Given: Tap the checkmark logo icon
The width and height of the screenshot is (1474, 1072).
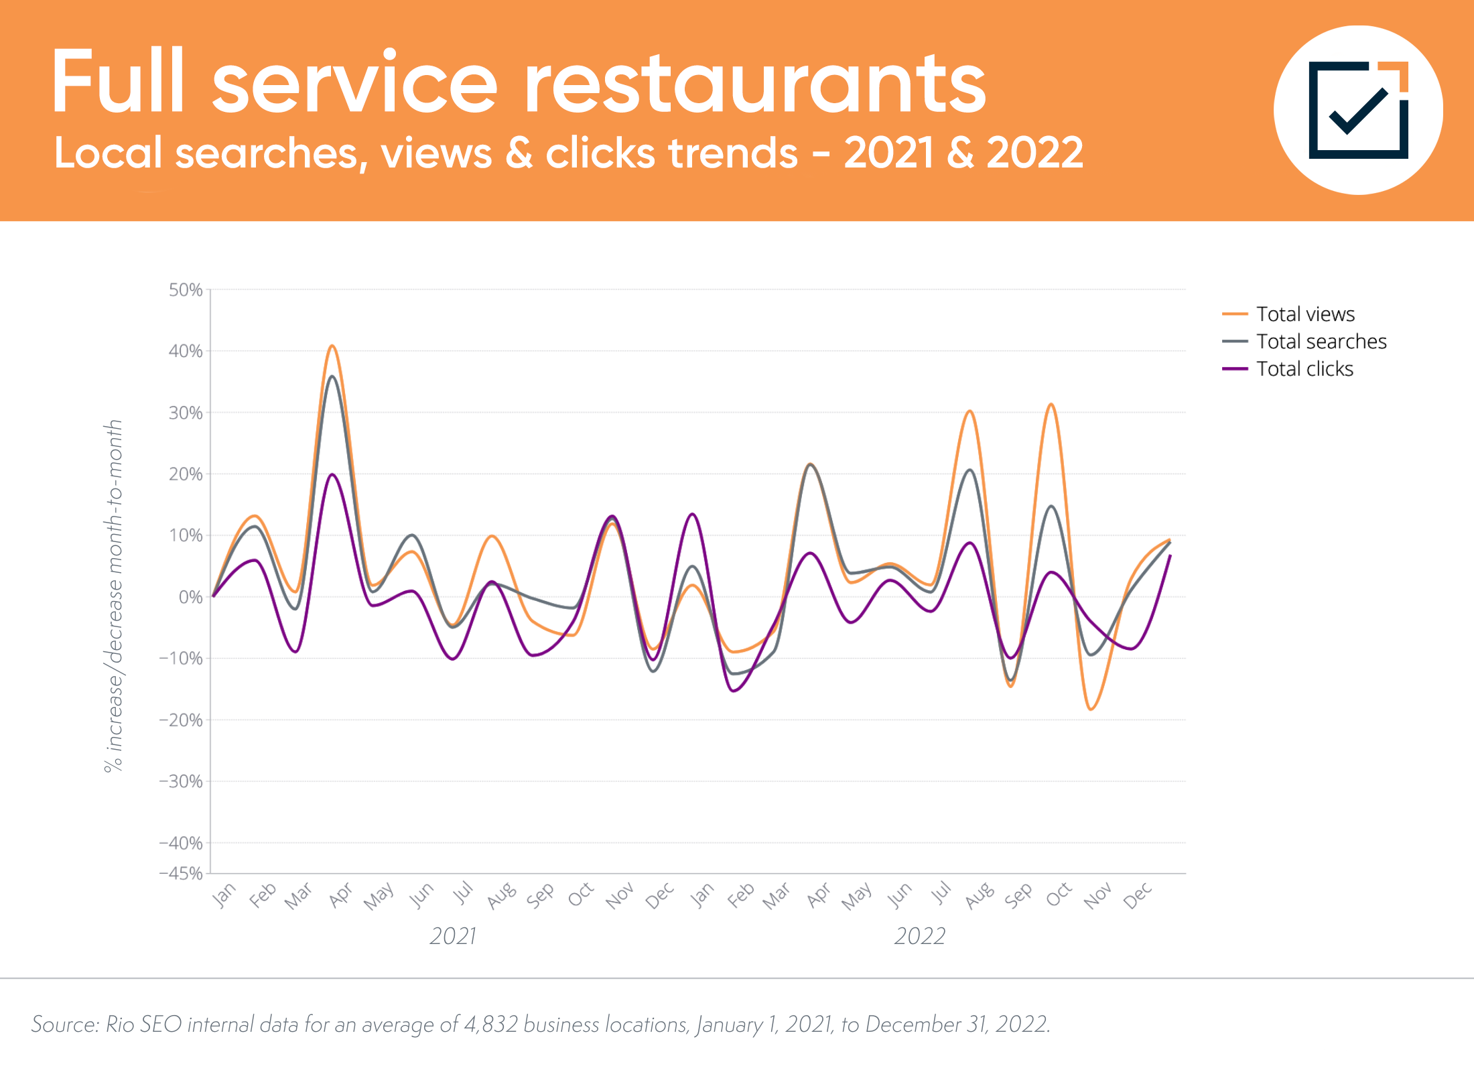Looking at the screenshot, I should [1358, 111].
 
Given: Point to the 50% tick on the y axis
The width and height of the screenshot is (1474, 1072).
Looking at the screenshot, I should [186, 290].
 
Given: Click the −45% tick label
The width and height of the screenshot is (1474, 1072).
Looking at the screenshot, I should [181, 873].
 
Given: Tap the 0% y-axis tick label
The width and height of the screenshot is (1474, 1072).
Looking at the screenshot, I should [190, 597].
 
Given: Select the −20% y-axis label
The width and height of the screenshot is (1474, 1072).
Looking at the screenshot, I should [181, 720].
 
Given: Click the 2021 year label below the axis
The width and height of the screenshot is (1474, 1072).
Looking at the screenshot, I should [453, 936].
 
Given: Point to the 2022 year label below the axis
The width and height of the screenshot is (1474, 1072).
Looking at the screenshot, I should [920, 936].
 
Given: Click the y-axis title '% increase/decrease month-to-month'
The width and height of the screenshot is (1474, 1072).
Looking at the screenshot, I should [114, 596].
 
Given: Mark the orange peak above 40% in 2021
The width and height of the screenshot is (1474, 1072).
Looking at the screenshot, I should [332, 346].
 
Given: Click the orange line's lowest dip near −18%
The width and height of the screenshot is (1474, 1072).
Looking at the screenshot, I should [1091, 709].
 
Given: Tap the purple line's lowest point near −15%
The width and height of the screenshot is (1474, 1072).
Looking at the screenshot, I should [734, 691].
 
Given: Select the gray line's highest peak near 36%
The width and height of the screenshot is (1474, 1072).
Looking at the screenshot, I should [332, 377].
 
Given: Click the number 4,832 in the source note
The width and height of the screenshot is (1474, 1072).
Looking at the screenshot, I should [490, 1024].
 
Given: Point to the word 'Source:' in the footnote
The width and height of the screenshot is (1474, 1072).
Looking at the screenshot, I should [66, 1024].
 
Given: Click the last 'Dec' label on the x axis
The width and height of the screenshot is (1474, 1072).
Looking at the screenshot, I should [1138, 896].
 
